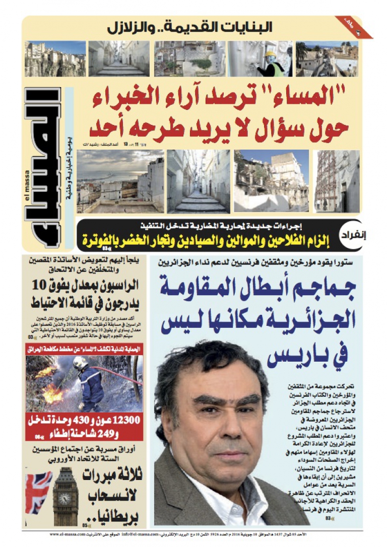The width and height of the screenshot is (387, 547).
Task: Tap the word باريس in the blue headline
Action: point(292,356)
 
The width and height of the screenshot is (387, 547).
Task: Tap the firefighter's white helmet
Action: point(81,361)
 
